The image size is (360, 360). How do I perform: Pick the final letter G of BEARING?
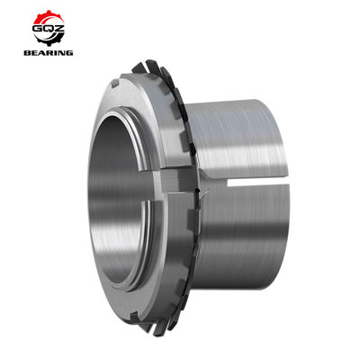[71, 52]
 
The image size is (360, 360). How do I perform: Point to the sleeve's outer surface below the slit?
[261, 234]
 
